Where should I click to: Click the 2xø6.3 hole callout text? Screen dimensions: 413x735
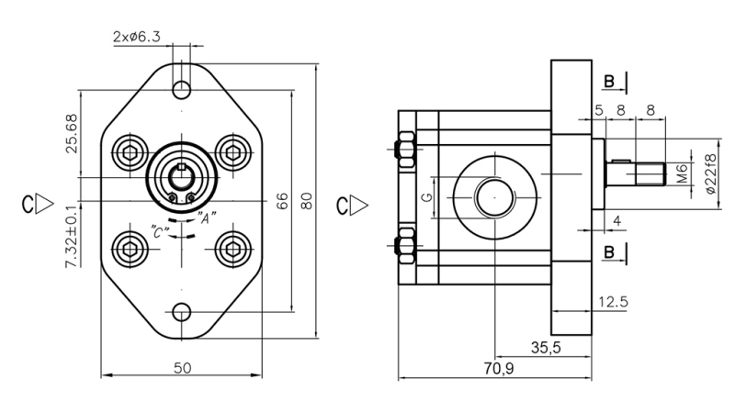tap(138, 37)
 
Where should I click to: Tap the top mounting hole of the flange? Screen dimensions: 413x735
tap(182, 89)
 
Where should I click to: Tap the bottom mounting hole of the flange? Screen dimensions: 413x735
tap(182, 311)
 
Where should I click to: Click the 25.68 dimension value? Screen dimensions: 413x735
tap(72, 134)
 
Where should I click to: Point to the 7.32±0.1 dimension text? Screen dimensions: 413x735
tap(72, 237)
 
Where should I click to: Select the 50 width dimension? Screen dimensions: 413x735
tap(182, 368)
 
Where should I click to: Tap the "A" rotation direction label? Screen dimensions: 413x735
tap(207, 218)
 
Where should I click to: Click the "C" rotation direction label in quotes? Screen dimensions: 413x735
tap(159, 232)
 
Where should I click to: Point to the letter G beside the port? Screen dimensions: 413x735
tap(425, 197)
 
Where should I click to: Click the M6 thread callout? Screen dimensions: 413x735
tap(681, 173)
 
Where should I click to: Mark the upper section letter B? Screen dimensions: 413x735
tap(609, 83)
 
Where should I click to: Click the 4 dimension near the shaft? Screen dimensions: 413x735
tap(616, 219)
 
